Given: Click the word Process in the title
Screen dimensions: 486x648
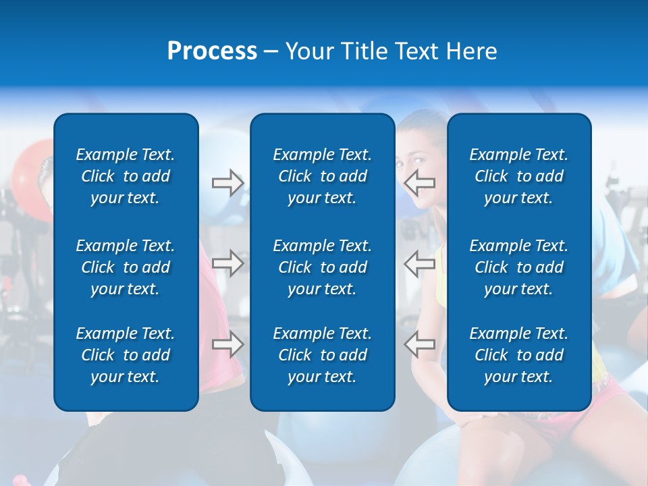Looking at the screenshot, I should (x=212, y=51).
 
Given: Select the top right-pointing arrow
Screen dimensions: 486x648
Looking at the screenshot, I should (x=227, y=183).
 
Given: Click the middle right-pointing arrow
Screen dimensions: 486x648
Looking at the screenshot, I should (x=227, y=263).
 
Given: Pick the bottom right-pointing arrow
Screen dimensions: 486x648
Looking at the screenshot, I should (x=227, y=344).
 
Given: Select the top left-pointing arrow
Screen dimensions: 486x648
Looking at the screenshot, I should (x=419, y=182).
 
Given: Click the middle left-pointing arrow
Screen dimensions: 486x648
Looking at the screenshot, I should (x=419, y=263).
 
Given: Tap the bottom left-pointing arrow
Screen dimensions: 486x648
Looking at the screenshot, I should (x=419, y=344).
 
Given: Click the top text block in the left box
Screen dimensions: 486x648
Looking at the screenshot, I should (x=126, y=176).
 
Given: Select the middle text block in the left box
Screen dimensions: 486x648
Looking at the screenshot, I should (x=126, y=267).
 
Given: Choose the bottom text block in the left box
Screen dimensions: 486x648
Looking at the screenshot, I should (x=126, y=355).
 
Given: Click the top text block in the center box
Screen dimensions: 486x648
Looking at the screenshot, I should (x=322, y=176).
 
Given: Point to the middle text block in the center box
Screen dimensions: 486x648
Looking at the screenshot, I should (x=322, y=267).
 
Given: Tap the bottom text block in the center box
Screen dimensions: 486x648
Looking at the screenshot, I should (x=322, y=355).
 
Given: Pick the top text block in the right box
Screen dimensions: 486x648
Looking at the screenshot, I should (x=518, y=176).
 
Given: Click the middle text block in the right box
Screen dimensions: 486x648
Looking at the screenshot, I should (x=518, y=267).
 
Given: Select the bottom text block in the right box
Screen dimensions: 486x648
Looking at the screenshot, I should (x=518, y=355).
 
